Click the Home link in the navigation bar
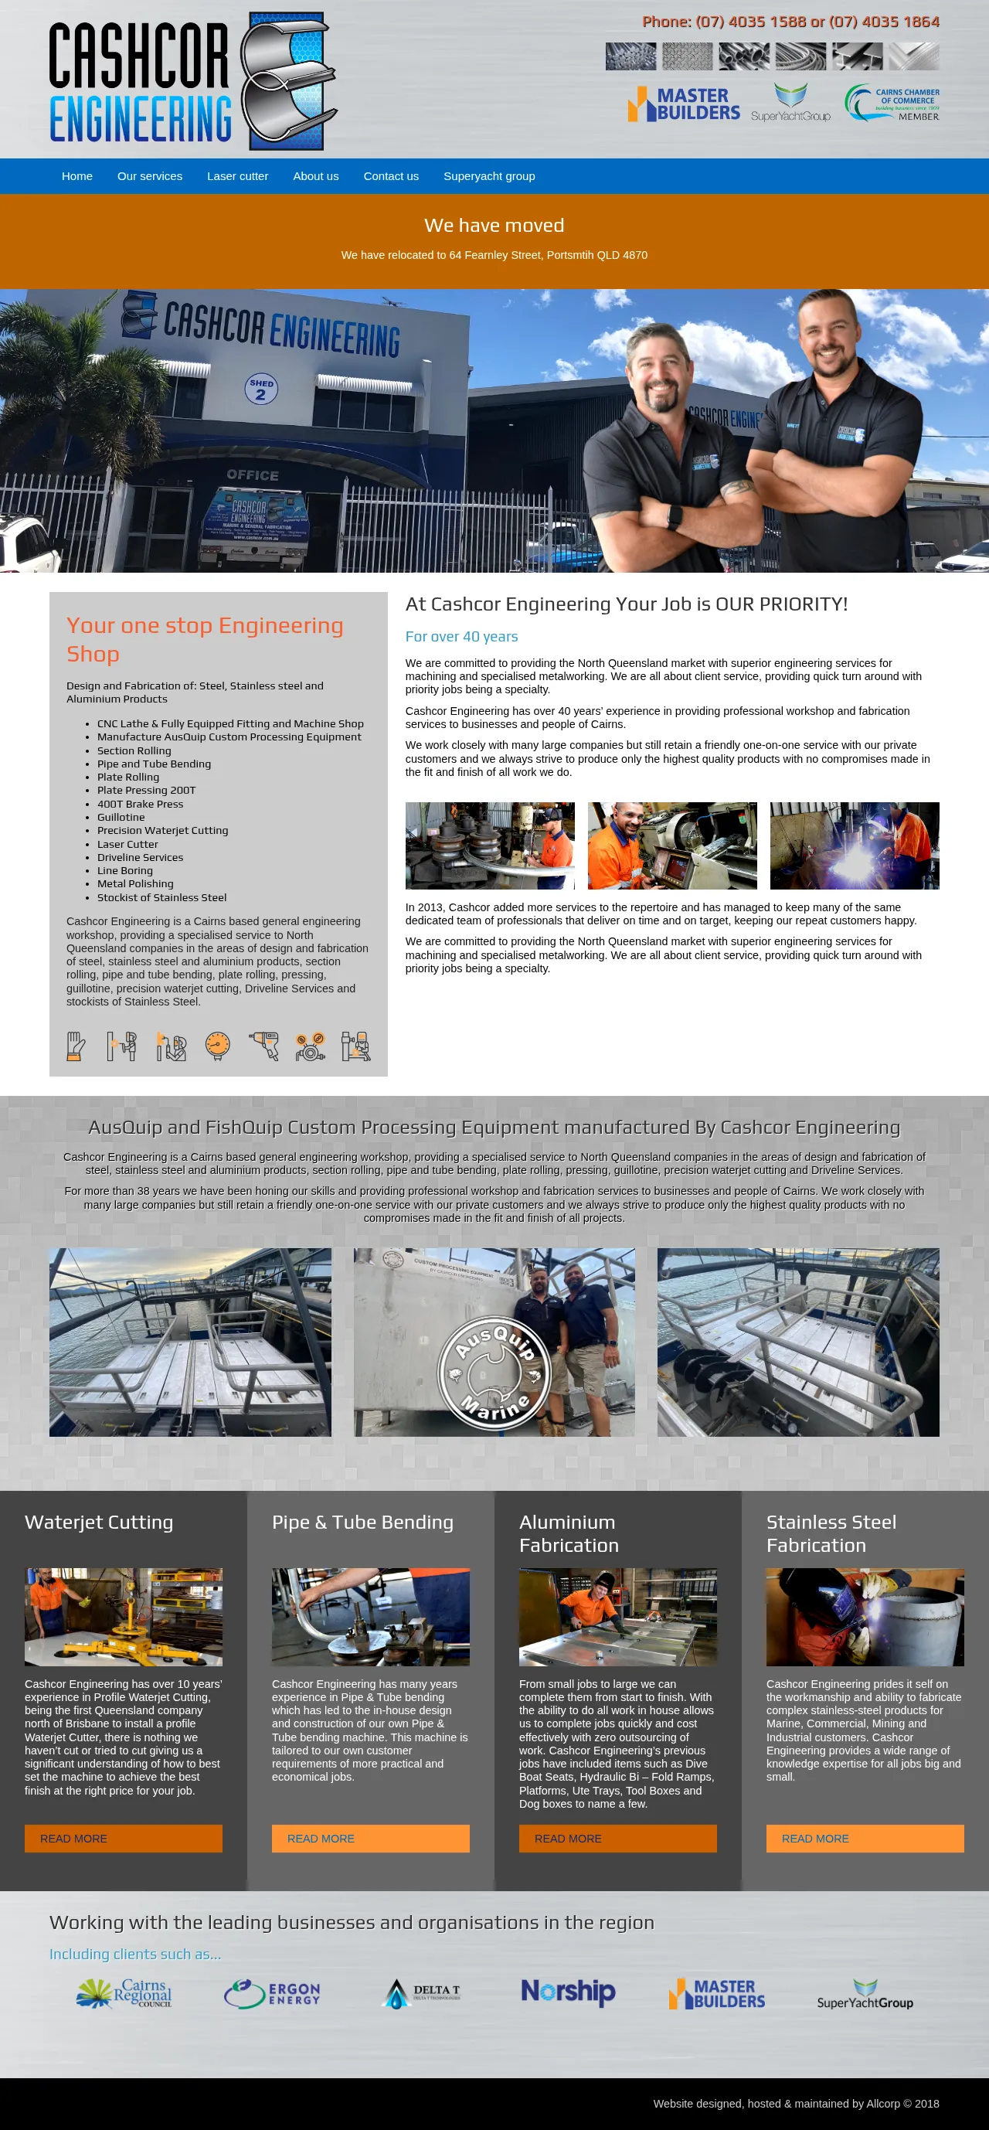click(77, 176)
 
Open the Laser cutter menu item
click(237, 176)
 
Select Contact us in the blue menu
click(391, 176)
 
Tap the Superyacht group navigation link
click(489, 176)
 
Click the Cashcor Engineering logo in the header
click(192, 81)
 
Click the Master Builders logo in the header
click(684, 104)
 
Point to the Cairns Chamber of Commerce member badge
click(892, 103)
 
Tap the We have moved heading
click(494, 225)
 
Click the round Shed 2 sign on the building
click(261, 388)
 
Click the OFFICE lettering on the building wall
click(253, 475)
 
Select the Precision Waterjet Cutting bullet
click(163, 830)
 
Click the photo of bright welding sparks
click(855, 845)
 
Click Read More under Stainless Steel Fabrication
click(865, 1838)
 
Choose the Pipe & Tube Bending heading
click(363, 1523)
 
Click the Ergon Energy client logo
click(272, 1992)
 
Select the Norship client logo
click(568, 1991)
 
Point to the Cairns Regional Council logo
click(124, 1992)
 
